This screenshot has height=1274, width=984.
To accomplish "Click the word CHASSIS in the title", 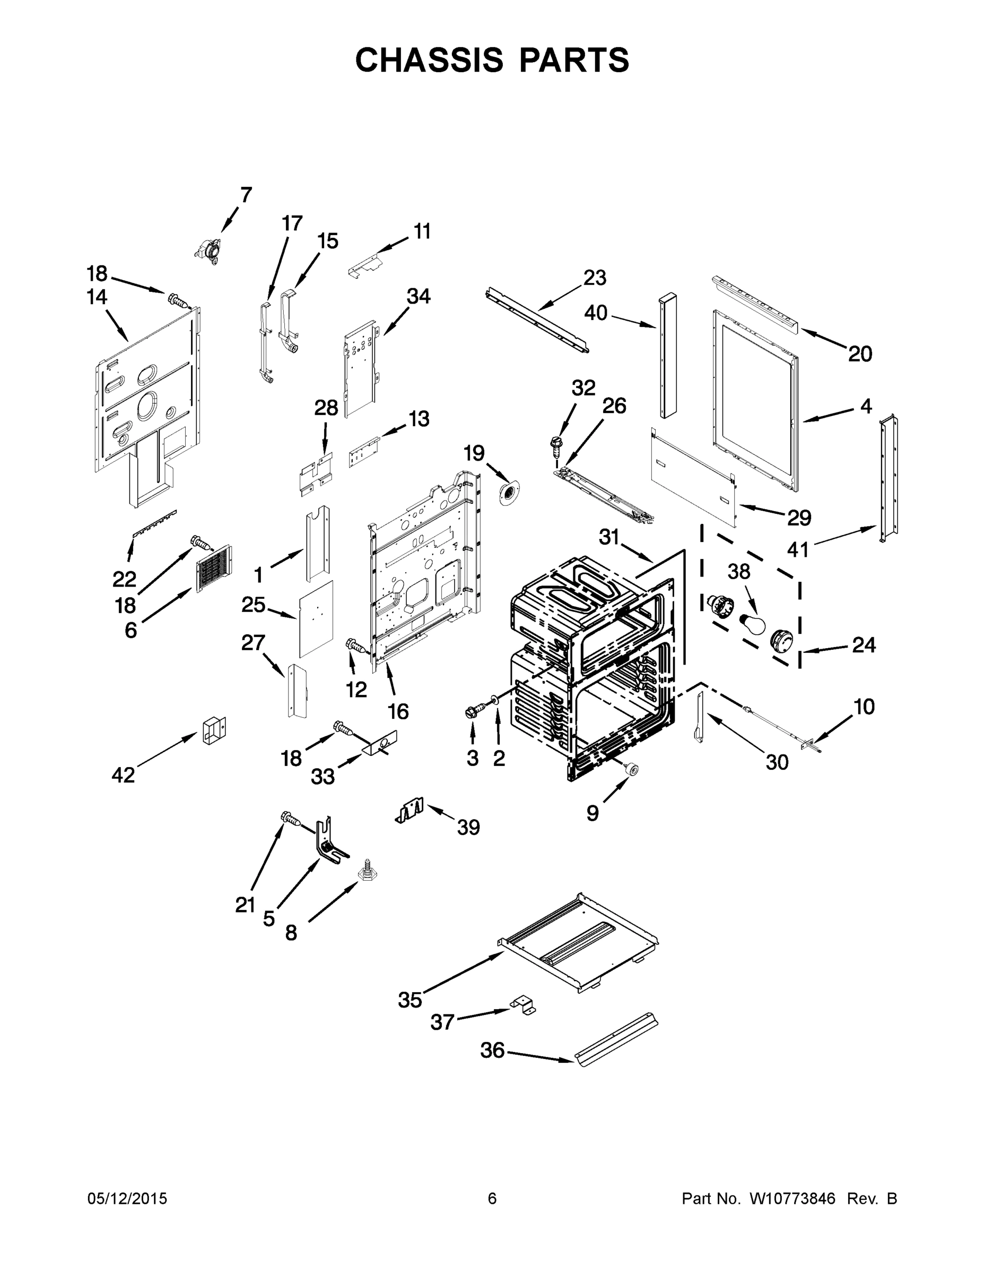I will [429, 59].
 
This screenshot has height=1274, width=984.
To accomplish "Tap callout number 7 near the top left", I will [246, 195].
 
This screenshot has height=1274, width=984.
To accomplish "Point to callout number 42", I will [123, 774].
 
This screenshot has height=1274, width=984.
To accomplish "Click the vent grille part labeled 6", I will [213, 568].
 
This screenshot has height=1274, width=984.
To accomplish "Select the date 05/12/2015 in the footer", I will [127, 1198].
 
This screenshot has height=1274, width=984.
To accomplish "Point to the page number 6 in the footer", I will [492, 1198].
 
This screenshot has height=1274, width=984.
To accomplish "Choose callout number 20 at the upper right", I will [860, 354].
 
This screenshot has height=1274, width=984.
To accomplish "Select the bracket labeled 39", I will [411, 810].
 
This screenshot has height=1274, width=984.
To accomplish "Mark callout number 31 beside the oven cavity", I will [608, 537].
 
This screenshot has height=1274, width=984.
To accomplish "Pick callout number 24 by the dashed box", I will [864, 644].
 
